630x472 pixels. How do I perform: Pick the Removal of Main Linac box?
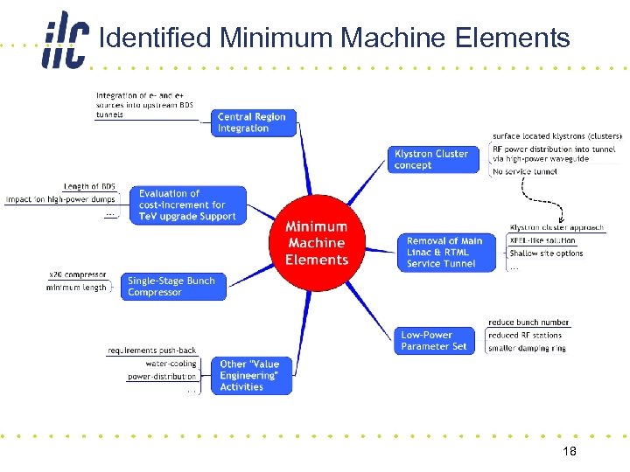click(444, 252)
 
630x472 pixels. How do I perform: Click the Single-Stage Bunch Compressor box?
click(173, 287)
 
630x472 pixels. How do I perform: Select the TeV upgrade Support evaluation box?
click(187, 205)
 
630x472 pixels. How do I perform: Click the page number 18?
click(569, 451)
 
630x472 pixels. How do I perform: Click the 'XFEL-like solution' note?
click(542, 240)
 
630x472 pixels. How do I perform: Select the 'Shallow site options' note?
click(546, 253)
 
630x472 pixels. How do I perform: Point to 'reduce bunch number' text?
click(528, 323)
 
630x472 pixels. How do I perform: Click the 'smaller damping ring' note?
click(527, 348)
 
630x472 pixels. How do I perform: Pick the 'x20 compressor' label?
click(79, 275)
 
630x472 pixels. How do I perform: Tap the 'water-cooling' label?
click(171, 364)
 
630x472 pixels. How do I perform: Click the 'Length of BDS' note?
click(89, 187)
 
